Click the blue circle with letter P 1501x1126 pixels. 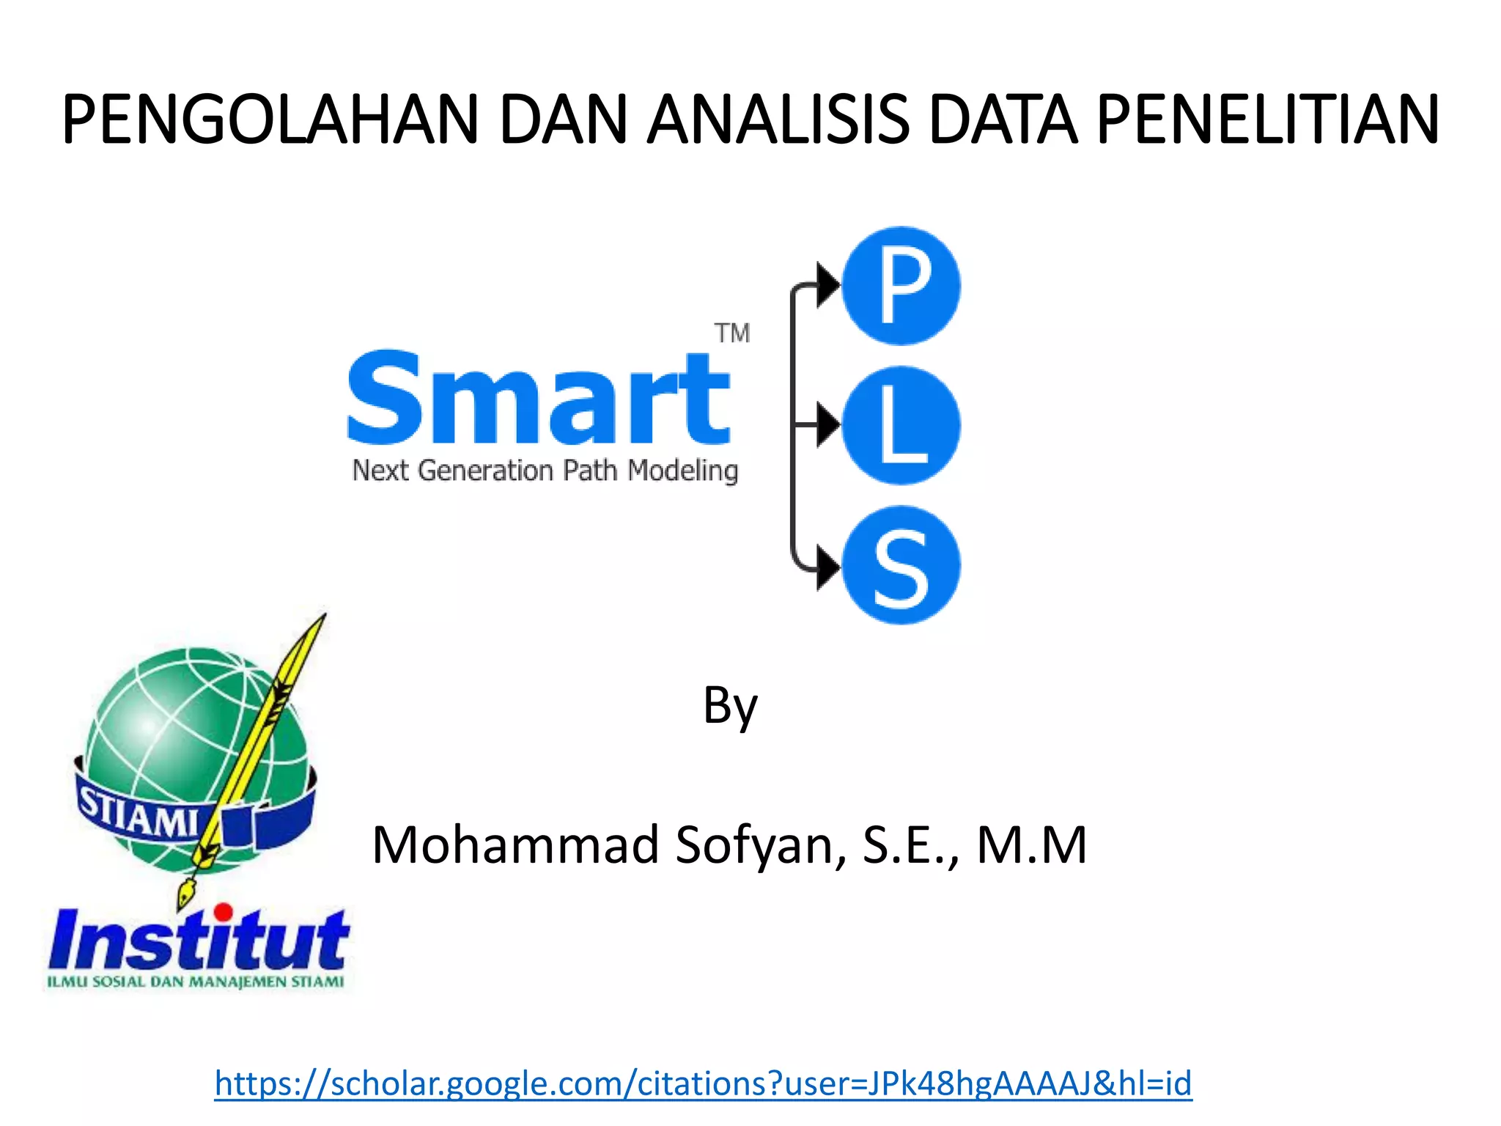[901, 286]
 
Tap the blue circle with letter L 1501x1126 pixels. [901, 426]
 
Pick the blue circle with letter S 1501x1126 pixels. [901, 566]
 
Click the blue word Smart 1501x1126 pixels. [539, 400]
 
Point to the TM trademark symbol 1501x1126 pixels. [732, 334]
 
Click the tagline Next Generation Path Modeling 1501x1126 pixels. [545, 471]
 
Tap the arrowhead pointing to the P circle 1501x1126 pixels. [828, 284]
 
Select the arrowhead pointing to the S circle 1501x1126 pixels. [828, 567]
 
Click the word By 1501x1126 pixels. [730, 706]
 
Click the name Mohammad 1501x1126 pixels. [516, 845]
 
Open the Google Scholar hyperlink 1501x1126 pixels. [703, 1083]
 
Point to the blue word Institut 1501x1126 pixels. [199, 940]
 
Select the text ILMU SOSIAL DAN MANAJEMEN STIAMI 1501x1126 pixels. [196, 982]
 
